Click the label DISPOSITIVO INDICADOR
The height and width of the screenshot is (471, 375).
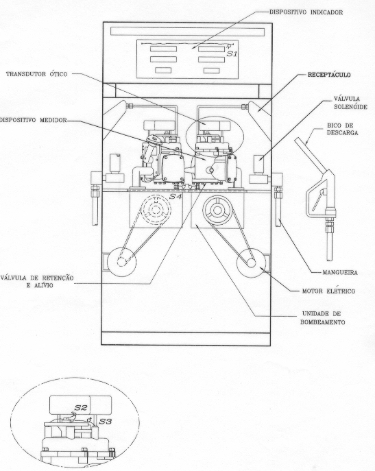click(306, 12)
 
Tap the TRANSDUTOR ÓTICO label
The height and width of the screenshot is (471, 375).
click(36, 74)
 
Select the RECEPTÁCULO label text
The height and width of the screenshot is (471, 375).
click(329, 75)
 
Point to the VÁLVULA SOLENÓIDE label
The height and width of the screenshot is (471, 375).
click(350, 103)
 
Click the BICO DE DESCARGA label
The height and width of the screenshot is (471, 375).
click(343, 129)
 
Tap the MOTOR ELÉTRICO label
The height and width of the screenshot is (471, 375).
click(329, 291)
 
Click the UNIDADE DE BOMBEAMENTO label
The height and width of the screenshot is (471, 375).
click(322, 318)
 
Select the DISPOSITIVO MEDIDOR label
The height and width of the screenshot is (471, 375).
click(33, 120)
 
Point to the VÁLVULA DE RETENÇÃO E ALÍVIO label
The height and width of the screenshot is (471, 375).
click(36, 282)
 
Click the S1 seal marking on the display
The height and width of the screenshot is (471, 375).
click(232, 54)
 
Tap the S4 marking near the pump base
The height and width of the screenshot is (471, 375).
click(176, 197)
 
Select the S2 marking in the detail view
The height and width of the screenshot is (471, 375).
click(81, 408)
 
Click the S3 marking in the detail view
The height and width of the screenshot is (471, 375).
click(106, 422)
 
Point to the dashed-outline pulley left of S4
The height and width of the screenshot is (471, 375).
click(156, 209)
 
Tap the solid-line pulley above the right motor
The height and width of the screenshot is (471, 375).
click(217, 210)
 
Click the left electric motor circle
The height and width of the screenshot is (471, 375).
click(121, 262)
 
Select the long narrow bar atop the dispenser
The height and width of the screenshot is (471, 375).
click(188, 32)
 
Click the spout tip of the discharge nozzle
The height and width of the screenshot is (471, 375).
click(297, 140)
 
